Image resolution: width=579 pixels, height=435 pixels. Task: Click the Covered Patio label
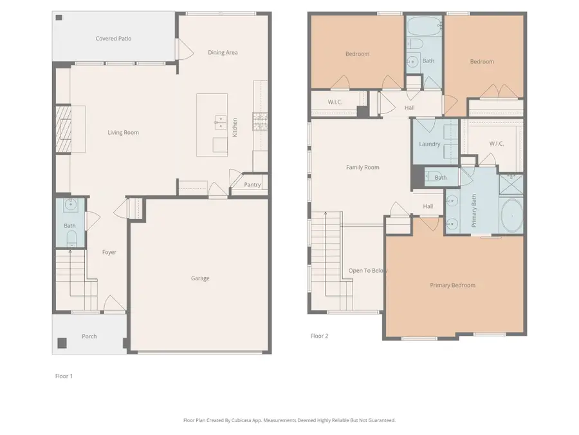click(113, 39)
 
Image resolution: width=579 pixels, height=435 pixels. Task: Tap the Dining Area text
click(223, 52)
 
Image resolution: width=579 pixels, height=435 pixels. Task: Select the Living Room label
click(123, 133)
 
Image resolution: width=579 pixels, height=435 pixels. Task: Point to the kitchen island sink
click(219, 119)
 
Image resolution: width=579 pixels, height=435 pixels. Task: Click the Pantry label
click(252, 185)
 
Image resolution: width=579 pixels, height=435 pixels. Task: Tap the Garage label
click(200, 278)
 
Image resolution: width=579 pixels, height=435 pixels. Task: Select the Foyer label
click(109, 252)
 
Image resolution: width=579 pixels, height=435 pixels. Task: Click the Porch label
click(89, 336)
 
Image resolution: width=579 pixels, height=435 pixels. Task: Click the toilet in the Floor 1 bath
click(71, 238)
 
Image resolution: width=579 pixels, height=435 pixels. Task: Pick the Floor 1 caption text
click(64, 376)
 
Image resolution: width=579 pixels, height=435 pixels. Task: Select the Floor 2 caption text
click(319, 336)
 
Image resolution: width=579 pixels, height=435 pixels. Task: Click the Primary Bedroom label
click(453, 285)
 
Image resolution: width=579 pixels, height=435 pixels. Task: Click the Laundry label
click(429, 144)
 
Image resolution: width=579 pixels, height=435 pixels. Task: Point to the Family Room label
click(363, 168)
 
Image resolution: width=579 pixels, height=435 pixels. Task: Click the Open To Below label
click(368, 271)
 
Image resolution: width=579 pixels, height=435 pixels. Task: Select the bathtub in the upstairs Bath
click(423, 28)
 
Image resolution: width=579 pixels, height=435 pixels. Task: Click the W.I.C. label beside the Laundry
click(495, 144)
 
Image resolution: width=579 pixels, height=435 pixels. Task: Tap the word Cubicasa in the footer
click(251, 420)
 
